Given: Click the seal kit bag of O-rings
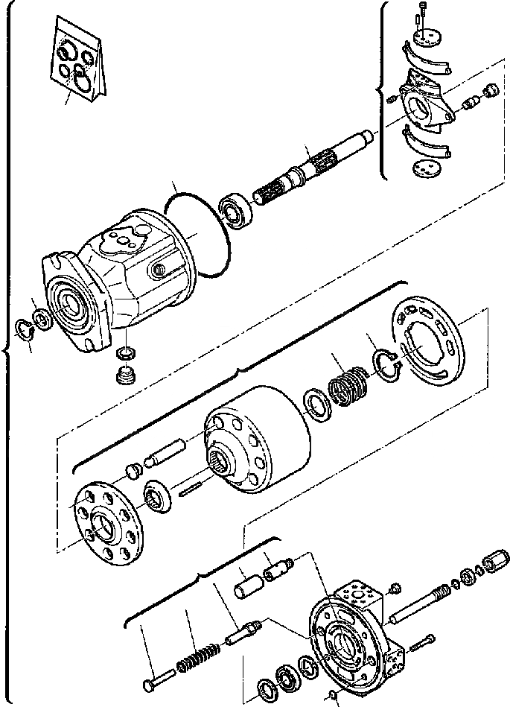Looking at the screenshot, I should (x=78, y=61).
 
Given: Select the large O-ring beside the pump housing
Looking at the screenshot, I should (x=199, y=233).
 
